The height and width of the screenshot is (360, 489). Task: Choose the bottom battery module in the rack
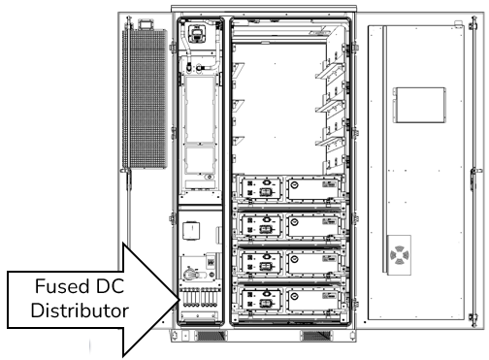(x=288, y=298)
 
